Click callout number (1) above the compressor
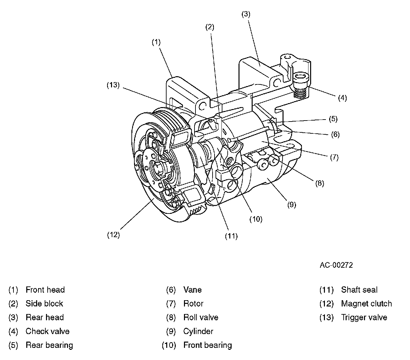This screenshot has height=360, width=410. point(156,42)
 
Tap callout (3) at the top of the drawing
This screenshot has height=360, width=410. point(246,14)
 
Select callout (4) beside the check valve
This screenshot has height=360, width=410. point(342,98)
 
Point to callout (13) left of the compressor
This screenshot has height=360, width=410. point(113,85)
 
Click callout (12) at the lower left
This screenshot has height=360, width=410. point(113,235)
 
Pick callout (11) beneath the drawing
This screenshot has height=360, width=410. point(231,236)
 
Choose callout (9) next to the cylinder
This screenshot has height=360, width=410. point(291,205)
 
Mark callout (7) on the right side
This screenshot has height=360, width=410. point(334,157)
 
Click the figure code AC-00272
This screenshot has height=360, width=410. point(336,265)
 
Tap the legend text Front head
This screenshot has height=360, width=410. point(45,290)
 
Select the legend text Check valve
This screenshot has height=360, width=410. point(47,331)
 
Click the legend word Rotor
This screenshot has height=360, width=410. point(193,304)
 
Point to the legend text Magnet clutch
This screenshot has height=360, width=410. point(366,304)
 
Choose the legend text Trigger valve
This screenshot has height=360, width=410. point(364,317)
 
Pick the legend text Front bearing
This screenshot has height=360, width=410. point(207,345)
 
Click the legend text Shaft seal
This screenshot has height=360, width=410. point(359,290)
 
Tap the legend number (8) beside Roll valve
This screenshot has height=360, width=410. point(171,317)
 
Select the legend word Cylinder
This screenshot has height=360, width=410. point(198,331)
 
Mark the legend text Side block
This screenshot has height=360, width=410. point(44,304)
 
